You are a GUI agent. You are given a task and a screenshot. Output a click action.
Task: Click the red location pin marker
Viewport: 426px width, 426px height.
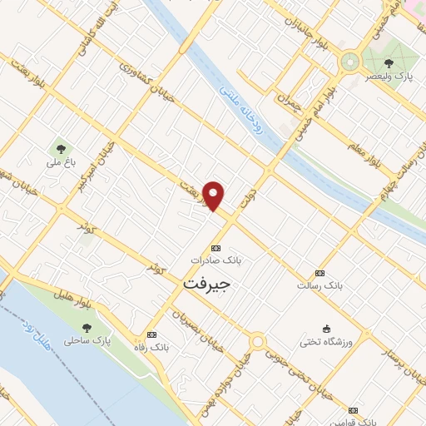click(x=214, y=196)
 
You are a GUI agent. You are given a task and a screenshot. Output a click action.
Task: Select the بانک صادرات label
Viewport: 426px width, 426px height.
click(x=215, y=260)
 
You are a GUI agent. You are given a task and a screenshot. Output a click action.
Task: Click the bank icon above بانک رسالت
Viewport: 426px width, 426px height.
click(x=320, y=273)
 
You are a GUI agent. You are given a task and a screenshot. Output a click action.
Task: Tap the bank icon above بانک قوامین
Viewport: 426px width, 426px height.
click(x=353, y=410)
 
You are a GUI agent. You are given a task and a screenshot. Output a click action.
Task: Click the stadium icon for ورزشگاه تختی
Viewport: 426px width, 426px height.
click(x=326, y=329)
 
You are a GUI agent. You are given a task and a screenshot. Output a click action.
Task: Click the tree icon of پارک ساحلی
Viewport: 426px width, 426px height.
click(x=87, y=329)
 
